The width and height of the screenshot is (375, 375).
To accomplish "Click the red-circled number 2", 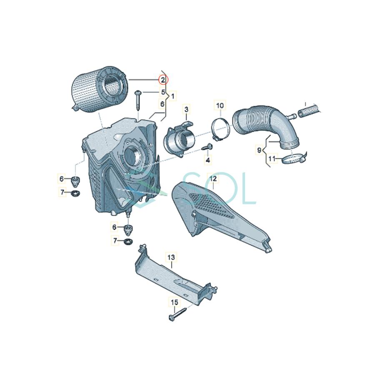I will pyautogui.click(x=163, y=80).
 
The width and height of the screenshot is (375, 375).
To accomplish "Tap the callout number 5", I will pyautogui.click(x=164, y=92).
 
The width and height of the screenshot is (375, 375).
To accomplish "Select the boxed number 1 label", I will pyautogui.click(x=172, y=96).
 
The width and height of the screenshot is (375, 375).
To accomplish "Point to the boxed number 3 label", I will pyautogui.click(x=187, y=109).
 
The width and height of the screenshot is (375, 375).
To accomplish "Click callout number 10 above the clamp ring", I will pyautogui.click(x=220, y=105).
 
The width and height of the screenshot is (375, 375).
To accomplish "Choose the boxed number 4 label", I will pyautogui.click(x=207, y=160).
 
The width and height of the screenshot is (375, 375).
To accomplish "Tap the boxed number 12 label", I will pyautogui.click(x=213, y=179).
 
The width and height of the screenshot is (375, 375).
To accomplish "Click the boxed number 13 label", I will pyautogui.click(x=172, y=258).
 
